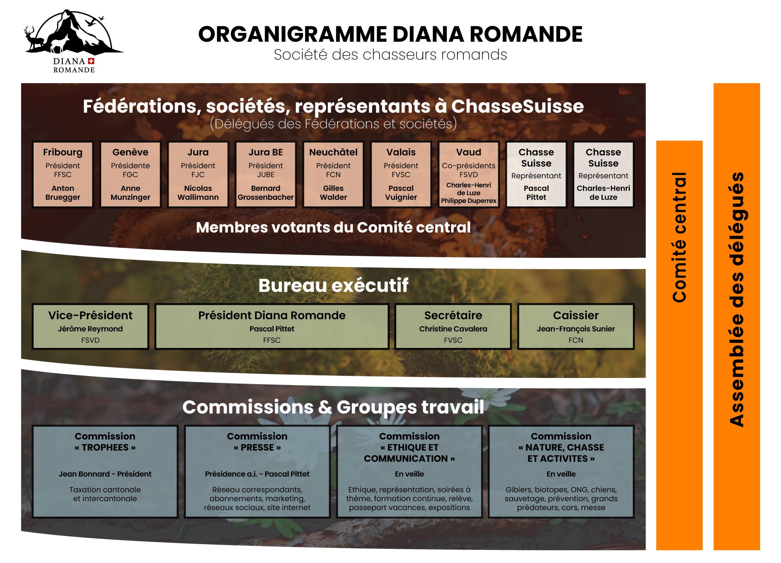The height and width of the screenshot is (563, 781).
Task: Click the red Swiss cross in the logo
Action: click(91, 61)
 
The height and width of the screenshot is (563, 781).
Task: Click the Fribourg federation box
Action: click(63, 174)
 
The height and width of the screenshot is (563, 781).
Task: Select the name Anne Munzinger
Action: click(130, 193)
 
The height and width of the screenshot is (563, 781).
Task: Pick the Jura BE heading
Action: click(265, 152)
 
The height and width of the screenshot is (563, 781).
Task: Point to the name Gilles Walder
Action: click(333, 193)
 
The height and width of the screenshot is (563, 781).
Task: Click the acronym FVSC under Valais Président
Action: click(401, 174)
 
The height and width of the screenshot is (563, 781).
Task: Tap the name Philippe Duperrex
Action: click(469, 201)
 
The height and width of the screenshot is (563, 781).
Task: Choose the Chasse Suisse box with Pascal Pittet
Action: click(536, 174)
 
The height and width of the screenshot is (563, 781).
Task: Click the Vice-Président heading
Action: click(90, 315)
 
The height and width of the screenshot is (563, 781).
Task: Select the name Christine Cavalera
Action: click(453, 329)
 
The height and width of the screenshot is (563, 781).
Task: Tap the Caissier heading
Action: click(576, 315)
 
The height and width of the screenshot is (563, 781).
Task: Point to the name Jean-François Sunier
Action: click(576, 329)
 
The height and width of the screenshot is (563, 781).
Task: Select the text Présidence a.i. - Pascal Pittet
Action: click(257, 474)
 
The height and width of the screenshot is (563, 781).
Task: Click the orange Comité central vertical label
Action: click(679, 238)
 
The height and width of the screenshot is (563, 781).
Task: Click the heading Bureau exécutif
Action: click(333, 285)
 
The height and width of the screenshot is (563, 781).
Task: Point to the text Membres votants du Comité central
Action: click(333, 227)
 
